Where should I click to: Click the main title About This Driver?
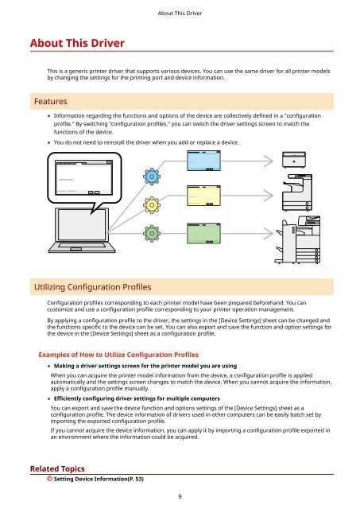coord(77,43)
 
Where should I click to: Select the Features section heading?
coord(51,101)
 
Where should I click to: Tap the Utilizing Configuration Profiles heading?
coord(93,287)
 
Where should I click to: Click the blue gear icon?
coord(152,177)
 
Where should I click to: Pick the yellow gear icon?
coord(152,205)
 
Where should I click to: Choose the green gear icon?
coord(152,233)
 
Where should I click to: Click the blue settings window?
coord(203,161)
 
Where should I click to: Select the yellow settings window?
coord(203,196)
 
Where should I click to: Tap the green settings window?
coord(203,233)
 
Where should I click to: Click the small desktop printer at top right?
coord(294,160)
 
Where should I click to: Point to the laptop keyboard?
coord(82,247)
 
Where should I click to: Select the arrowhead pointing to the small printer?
coord(269,161)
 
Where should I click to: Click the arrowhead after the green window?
coord(269,233)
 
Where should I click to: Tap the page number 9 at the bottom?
coord(180,496)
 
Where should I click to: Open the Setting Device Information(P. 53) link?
coord(99,479)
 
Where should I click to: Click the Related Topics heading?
coord(57,468)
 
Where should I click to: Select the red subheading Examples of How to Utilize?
coord(118,355)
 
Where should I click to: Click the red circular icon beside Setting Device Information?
coord(49,479)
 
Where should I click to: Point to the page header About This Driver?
coord(180,14)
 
